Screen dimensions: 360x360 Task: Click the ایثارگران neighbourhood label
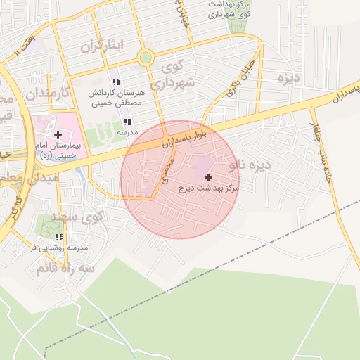point(101,47)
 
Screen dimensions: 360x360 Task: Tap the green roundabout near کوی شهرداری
point(146,58)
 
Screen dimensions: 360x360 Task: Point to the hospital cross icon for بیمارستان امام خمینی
point(57,134)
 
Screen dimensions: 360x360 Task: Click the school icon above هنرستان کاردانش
point(116,82)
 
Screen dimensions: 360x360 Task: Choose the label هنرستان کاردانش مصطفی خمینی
point(117,98)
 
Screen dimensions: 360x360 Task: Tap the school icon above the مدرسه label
point(127,122)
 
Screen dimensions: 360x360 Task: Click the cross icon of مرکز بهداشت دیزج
point(208,177)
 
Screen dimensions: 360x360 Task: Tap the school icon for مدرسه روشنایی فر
point(60,237)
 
